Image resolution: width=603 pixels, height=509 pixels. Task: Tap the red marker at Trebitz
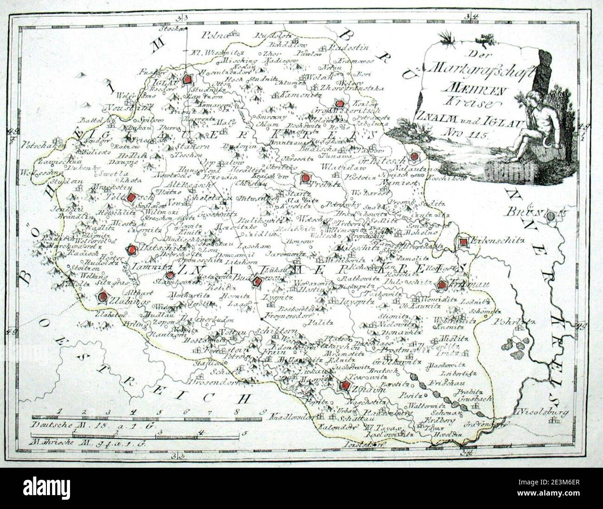305,178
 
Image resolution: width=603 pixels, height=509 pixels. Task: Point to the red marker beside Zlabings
103,296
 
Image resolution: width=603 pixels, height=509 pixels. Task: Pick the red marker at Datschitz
133,250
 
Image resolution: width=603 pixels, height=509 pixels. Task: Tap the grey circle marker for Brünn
550,216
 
